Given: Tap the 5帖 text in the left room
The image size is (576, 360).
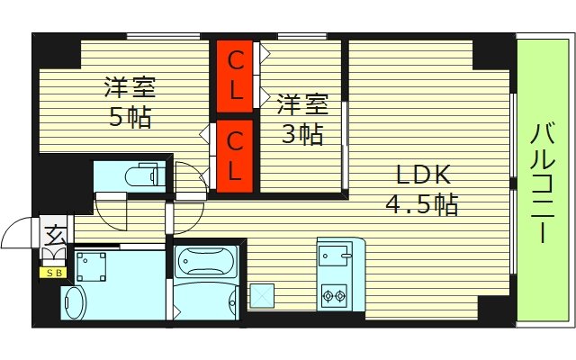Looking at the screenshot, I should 130,117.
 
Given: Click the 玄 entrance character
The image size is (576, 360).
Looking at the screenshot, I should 55,237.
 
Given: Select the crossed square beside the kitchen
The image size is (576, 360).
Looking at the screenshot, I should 263,293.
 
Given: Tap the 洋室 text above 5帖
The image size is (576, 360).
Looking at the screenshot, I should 130,88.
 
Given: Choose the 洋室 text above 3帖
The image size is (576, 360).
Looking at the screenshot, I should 301,104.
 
